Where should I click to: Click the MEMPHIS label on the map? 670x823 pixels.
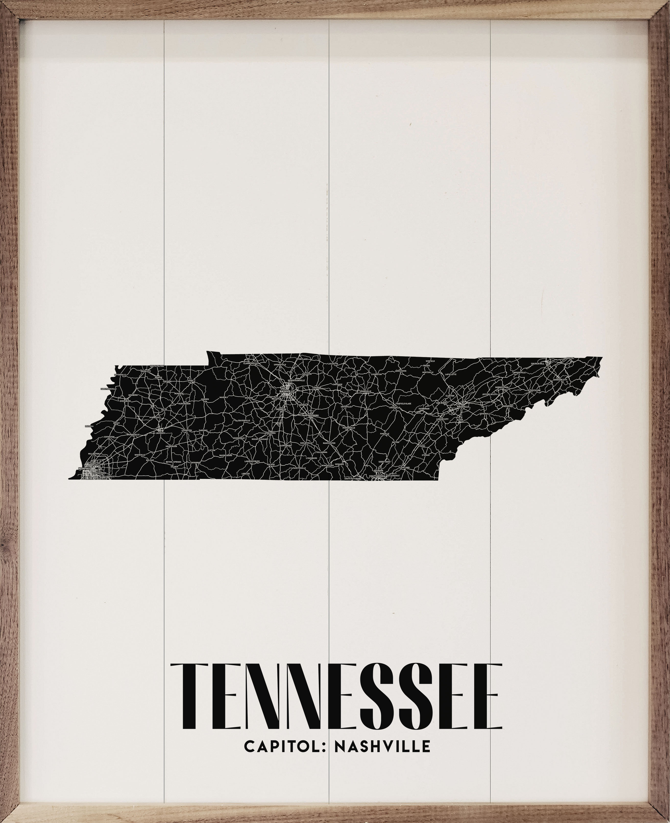pyautogui.click(x=84, y=469)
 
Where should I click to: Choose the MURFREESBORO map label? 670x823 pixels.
pyautogui.click(x=310, y=415)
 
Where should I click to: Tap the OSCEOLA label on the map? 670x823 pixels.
pyautogui.click(x=89, y=426)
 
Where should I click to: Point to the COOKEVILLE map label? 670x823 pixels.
pyautogui.click(x=365, y=391)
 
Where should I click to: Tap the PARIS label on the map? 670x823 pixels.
pyautogui.click(x=191, y=380)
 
